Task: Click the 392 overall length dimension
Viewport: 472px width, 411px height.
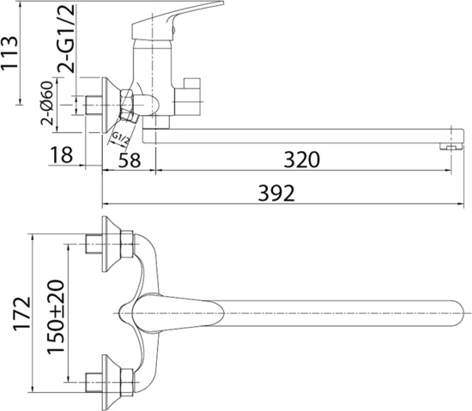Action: coord(276,193)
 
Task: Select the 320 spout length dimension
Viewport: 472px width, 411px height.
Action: coord(301,160)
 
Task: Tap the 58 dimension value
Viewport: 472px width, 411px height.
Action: coord(130,160)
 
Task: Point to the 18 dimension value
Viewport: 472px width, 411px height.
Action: coord(62,155)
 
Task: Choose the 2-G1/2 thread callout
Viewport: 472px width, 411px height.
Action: coord(66,39)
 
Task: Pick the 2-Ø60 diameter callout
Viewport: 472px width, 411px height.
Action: coord(47,103)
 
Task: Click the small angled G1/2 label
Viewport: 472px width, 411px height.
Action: coord(120,139)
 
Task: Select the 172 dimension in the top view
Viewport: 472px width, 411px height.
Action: coord(21,314)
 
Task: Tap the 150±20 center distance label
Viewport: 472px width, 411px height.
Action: coord(56,317)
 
